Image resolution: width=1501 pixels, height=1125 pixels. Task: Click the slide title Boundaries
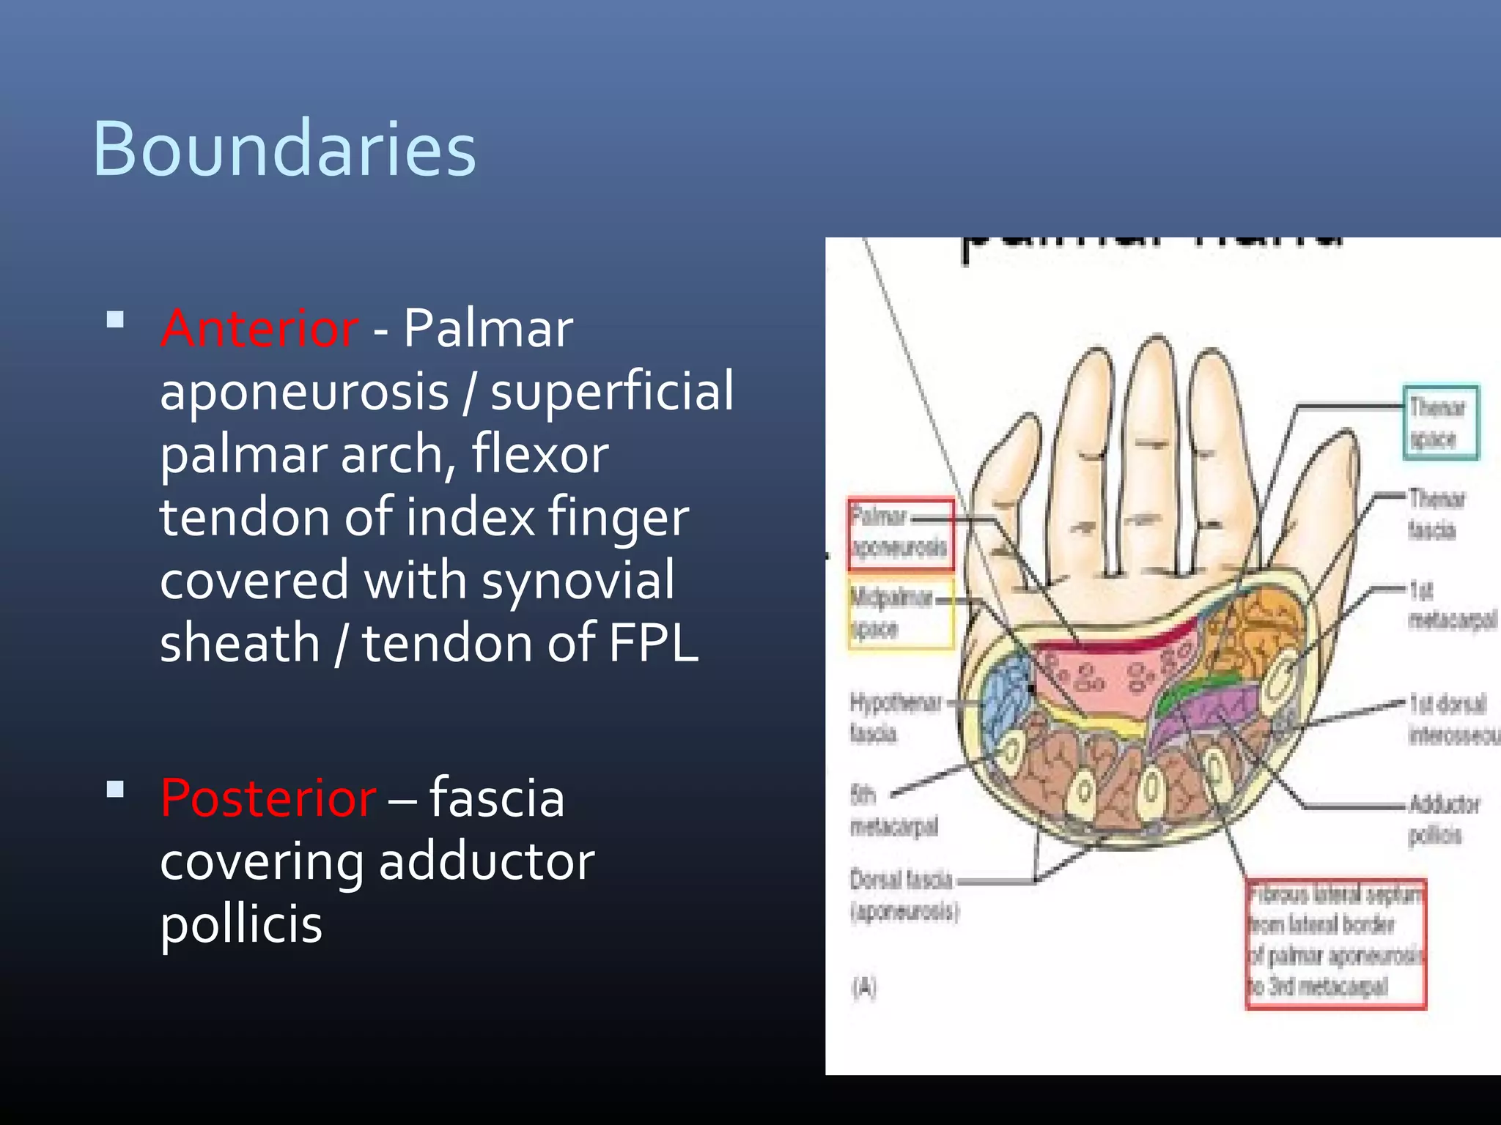click(x=284, y=149)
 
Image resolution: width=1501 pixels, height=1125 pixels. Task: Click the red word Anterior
click(x=259, y=328)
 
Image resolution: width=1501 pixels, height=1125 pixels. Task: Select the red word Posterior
click(x=268, y=798)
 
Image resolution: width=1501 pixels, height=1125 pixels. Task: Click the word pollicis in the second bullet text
click(x=241, y=924)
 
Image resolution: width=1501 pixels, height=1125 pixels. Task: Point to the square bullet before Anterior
click(x=115, y=320)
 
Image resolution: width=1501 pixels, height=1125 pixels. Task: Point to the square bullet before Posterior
click(x=115, y=790)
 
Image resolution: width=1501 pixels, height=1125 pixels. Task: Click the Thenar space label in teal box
click(x=1439, y=423)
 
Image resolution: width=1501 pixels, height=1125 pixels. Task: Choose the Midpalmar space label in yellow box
click(x=901, y=614)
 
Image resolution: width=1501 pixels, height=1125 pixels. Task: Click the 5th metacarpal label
click(x=893, y=811)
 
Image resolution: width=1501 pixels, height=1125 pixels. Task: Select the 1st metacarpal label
click(x=1451, y=605)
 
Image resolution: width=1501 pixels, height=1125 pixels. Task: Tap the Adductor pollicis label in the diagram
click(x=1442, y=819)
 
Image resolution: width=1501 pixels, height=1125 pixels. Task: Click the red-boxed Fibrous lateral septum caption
click(x=1335, y=943)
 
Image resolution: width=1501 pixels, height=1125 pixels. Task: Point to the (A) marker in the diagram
click(x=864, y=987)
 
